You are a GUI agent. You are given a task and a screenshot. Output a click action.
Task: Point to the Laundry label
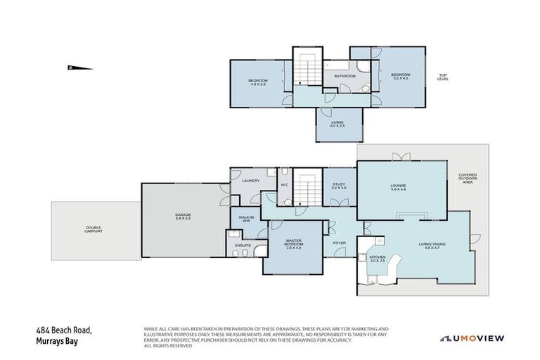pos(251,181)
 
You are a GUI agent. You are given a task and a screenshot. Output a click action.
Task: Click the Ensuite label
pos(243,245)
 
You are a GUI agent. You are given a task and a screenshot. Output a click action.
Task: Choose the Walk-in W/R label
pos(246,219)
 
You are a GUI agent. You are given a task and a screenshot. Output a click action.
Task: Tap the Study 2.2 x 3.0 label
pos(339,186)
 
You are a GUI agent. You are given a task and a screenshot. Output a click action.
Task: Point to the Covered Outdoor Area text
pos(468,179)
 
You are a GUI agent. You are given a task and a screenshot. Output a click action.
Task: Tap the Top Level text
pos(443,77)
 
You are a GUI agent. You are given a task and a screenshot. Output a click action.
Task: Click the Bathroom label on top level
pos(344,76)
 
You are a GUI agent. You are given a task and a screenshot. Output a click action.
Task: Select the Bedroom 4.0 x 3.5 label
pos(257,82)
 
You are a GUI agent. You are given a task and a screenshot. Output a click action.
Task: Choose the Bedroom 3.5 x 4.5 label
pos(400,77)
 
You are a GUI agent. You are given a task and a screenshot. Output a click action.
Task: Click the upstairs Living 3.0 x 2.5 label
pos(338,124)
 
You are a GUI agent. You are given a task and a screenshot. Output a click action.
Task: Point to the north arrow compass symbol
pos(79,68)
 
